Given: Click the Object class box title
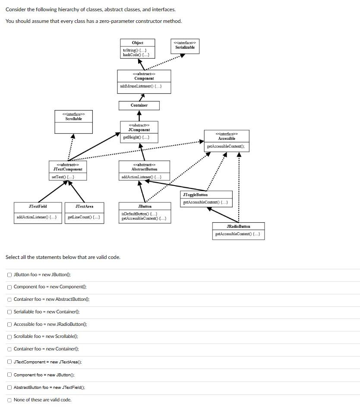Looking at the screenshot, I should [x=138, y=43].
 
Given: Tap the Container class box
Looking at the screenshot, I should [x=139, y=105].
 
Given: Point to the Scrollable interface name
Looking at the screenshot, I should [x=74, y=119].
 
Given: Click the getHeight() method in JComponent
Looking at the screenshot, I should [x=136, y=137].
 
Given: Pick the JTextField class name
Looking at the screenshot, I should [x=38, y=206].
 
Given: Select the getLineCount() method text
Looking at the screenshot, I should [x=84, y=217].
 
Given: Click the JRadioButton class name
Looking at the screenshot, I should [x=238, y=226].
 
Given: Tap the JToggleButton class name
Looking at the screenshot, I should [x=195, y=195].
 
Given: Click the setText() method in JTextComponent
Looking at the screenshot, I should [x=63, y=177].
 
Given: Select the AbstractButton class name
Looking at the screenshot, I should [x=144, y=169].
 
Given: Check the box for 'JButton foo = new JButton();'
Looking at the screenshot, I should [x=9, y=274].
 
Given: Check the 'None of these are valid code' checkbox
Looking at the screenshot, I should [x=9, y=400].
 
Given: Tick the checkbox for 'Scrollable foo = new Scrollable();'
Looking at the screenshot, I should [x=9, y=337].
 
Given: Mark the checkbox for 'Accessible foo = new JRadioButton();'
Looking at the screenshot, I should [x=9, y=324].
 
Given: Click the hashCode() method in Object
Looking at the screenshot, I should [x=136, y=55].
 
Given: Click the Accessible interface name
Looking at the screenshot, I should [x=227, y=139].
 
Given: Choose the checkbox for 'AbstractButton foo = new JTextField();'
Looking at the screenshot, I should [x=9, y=387].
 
